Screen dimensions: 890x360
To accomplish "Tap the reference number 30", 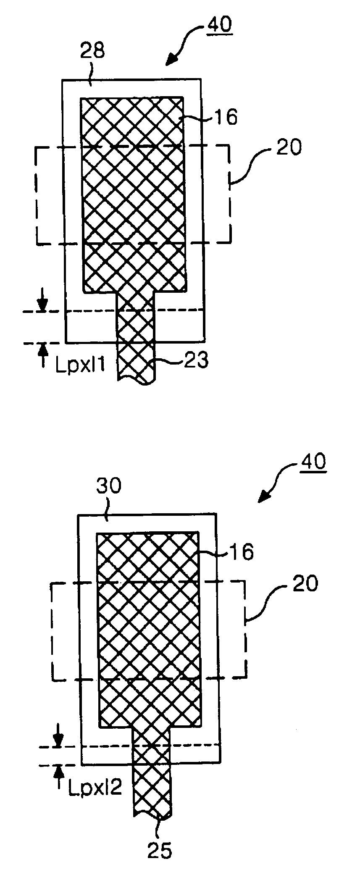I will tap(109, 486).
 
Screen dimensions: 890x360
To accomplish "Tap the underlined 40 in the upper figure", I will tap(218, 24).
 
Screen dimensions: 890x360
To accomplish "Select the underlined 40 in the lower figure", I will tap(312, 462).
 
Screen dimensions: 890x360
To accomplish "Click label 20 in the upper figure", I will tap(289, 148).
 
